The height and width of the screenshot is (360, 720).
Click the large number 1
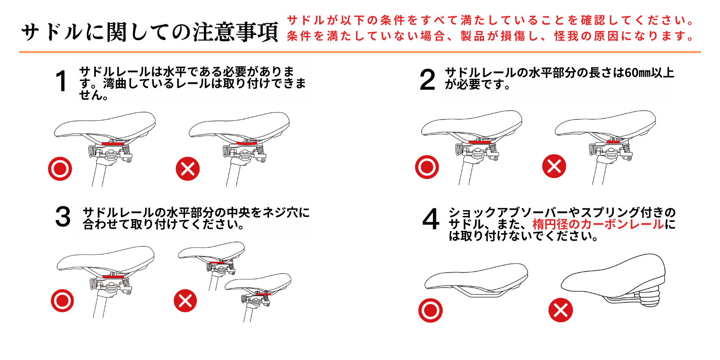pyautogui.click(x=61, y=81)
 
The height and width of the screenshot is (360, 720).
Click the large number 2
pyautogui.click(x=427, y=80)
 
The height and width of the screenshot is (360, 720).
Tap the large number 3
pyautogui.click(x=63, y=216)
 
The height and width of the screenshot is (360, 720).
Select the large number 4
pyautogui.click(x=431, y=219)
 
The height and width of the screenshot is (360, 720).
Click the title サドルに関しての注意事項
pyautogui.click(x=149, y=32)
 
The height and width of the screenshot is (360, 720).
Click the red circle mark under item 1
pyautogui.click(x=60, y=169)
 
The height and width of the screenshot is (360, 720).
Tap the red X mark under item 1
pyautogui.click(x=188, y=169)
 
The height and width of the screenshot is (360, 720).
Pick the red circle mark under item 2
pyautogui.click(x=427, y=167)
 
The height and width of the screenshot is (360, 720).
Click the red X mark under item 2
pyautogui.click(x=554, y=166)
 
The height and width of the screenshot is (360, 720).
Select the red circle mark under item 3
pyautogui.click(x=62, y=301)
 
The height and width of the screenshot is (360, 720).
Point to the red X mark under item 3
pyautogui.click(x=185, y=301)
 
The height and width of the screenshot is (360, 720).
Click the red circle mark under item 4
pyautogui.click(x=430, y=310)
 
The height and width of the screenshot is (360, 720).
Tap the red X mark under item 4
pyautogui.click(x=560, y=310)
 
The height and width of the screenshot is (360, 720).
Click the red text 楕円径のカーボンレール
pyautogui.click(x=598, y=224)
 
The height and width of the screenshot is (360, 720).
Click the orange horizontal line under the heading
pyautogui.click(x=360, y=52)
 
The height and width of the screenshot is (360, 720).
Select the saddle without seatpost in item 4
pyautogui.click(x=476, y=279)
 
